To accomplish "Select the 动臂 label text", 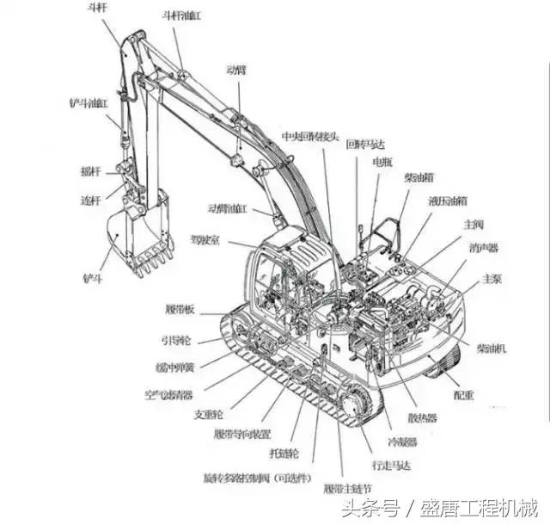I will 236,69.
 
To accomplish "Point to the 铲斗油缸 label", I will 89,102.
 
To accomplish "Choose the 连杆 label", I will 90,200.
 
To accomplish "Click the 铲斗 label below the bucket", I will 92,279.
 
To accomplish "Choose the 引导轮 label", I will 177,339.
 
